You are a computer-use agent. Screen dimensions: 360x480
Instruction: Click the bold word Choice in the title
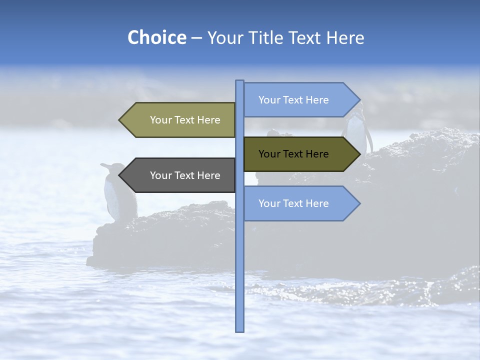coord(156,37)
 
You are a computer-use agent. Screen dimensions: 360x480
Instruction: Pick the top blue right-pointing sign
coord(295,100)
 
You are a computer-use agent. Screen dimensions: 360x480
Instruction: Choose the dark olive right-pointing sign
coord(295,154)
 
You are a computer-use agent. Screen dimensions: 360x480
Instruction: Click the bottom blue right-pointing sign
coord(295,203)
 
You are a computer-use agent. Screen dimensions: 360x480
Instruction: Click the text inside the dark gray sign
coord(185,175)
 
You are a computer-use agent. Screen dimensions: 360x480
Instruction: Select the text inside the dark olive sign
coord(293,154)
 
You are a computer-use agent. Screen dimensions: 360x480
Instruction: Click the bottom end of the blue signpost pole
coord(239,329)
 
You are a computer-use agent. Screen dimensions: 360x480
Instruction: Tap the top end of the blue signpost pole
coord(239,82)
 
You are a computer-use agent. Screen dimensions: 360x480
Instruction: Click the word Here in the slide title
coord(345,37)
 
